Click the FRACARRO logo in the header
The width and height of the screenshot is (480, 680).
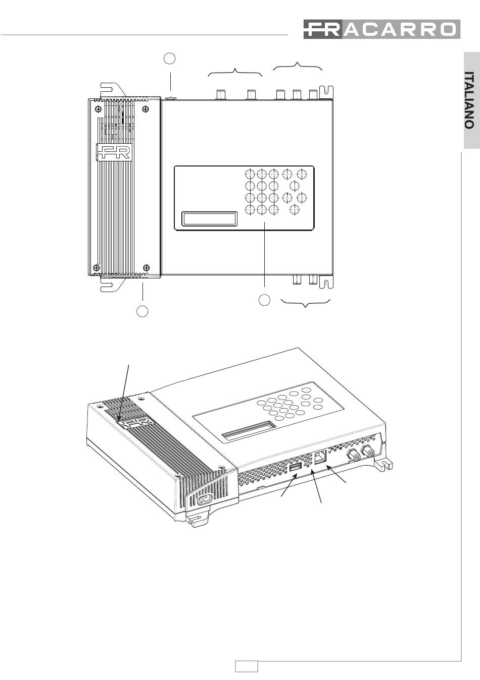tap(381, 29)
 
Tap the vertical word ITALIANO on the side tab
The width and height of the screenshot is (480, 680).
tap(470, 100)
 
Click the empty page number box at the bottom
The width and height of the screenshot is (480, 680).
tap(247, 666)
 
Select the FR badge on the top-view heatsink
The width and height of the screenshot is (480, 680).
tap(114, 152)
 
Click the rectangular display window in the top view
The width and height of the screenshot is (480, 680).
tap(209, 218)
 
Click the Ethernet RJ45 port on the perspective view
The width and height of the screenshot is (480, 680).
tap(320, 458)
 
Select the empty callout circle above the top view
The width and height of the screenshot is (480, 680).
tap(170, 58)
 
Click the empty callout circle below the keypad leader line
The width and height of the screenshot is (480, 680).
tap(264, 300)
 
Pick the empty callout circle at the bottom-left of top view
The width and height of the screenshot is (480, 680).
tap(142, 311)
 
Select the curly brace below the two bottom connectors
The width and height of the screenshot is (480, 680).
tap(305, 303)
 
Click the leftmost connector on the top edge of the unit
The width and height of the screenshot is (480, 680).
tap(221, 94)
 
